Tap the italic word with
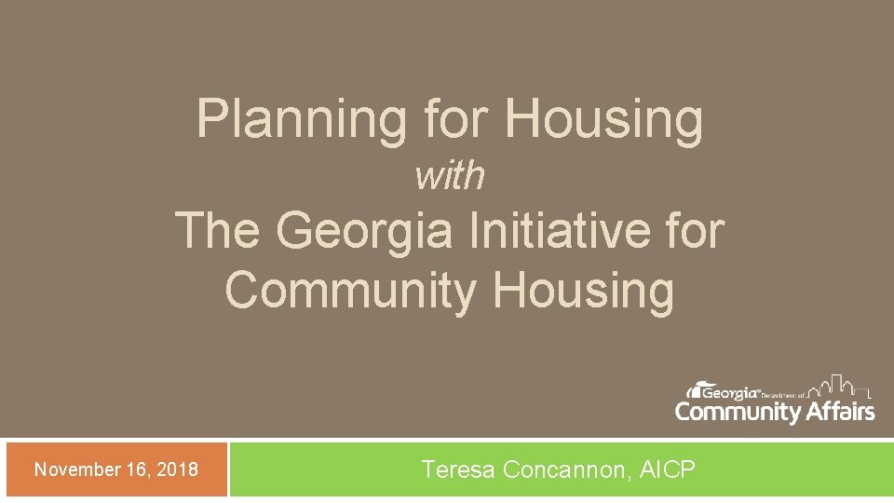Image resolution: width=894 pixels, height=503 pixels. pyautogui.click(x=450, y=175)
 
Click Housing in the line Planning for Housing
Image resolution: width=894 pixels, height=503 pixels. pyautogui.click(x=603, y=121)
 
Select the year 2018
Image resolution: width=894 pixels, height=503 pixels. pyautogui.click(x=177, y=469)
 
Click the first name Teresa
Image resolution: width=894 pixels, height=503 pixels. pyautogui.click(x=458, y=469)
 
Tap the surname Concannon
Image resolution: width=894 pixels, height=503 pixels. pyautogui.click(x=566, y=469)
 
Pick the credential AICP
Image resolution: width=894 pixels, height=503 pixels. pyautogui.click(x=668, y=469)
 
